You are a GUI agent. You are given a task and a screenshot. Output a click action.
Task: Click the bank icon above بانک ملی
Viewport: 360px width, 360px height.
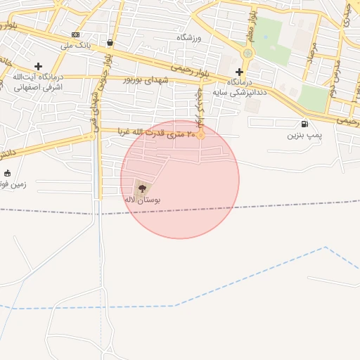point(75,34)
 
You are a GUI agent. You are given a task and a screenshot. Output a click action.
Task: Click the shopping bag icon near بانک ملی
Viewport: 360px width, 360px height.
point(110,42)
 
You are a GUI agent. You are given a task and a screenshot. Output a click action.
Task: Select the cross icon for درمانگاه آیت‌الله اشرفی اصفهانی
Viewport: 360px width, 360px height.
point(38,66)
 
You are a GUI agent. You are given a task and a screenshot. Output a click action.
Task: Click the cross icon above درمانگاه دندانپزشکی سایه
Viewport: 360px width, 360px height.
point(240,72)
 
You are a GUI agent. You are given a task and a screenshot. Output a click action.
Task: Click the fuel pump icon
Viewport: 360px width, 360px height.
point(304,124)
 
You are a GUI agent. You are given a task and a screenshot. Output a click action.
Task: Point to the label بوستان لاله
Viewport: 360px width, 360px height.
point(142,200)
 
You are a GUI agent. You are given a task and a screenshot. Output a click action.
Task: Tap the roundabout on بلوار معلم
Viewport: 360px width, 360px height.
point(247,53)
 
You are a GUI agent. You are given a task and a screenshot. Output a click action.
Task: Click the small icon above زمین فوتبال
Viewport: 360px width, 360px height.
point(8,173)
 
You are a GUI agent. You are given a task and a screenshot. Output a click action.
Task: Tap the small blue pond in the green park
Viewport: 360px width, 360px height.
point(265,36)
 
